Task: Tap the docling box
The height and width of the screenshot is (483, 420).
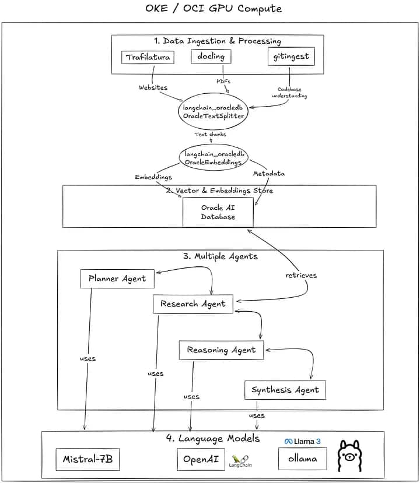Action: click(211, 57)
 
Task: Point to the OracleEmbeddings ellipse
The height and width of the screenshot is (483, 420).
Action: click(213, 158)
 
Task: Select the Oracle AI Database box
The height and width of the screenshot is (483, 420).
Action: click(218, 212)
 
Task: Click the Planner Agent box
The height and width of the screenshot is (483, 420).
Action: click(117, 278)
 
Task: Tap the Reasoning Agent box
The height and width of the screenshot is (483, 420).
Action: click(221, 350)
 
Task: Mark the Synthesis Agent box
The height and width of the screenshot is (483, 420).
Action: click(285, 390)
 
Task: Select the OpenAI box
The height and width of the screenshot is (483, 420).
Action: click(201, 459)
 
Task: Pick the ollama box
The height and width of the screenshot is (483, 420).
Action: click(303, 459)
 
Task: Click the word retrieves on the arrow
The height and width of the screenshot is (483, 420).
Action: click(301, 275)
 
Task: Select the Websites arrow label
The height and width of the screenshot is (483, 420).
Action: click(153, 87)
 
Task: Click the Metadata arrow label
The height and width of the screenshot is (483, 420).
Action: click(268, 174)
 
